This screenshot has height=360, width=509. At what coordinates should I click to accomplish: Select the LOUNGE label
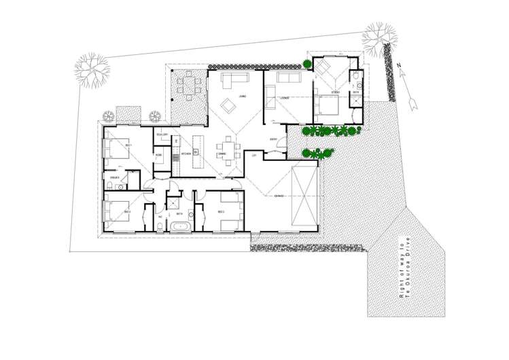click(284, 100)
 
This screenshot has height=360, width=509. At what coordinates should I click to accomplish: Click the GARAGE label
click(279, 196)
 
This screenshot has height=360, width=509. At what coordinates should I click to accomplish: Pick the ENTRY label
click(273, 141)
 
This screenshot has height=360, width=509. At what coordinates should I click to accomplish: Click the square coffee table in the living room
click(227, 105)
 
